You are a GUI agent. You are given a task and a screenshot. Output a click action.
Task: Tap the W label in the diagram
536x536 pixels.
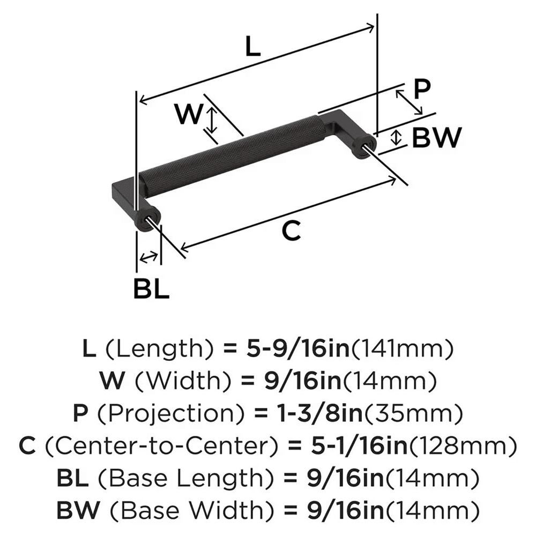(x=190, y=114)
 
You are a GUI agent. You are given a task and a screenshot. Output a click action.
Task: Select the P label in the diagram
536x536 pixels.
(x=422, y=88)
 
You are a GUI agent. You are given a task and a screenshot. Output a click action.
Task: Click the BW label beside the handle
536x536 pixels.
(x=436, y=139)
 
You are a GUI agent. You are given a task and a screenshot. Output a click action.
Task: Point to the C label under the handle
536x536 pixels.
(x=290, y=231)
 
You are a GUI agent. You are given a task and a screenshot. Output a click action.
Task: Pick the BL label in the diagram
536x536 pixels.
(x=151, y=289)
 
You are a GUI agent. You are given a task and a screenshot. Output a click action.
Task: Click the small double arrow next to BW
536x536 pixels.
(x=396, y=137)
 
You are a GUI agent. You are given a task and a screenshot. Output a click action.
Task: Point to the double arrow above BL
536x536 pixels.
(x=148, y=257)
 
